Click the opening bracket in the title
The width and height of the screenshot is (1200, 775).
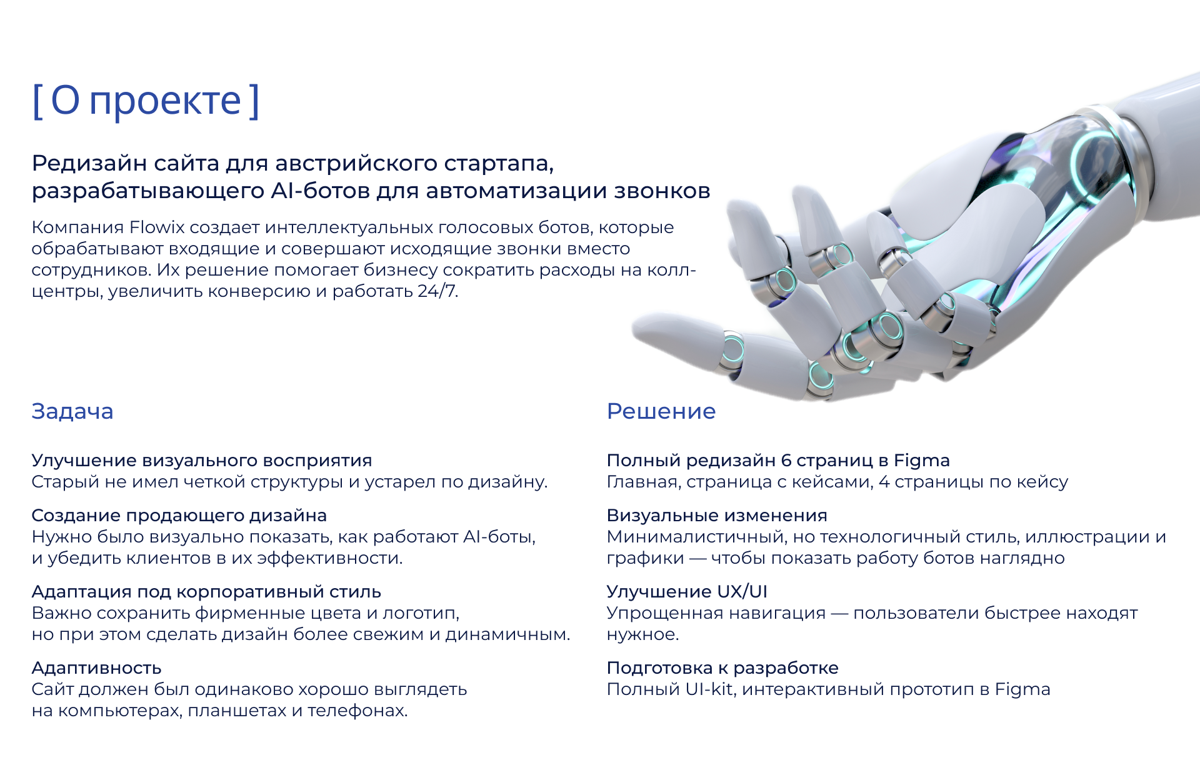point(37,101)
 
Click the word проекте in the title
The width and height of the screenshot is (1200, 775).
point(165,101)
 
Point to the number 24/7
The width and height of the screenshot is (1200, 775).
point(437,291)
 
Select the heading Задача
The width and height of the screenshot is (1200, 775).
point(72,411)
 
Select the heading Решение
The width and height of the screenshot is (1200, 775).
point(661,411)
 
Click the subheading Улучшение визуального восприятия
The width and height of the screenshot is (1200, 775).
point(201,461)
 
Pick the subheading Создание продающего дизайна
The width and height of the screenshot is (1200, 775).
point(179,516)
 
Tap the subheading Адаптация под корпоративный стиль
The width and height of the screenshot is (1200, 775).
point(206,592)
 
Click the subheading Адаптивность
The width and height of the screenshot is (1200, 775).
point(96,668)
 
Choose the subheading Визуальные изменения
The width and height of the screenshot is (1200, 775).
point(717,516)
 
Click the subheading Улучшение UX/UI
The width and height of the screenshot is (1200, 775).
point(687,592)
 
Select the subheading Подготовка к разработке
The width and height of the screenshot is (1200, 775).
point(722,668)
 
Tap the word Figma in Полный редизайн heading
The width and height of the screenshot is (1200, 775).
point(921,461)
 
